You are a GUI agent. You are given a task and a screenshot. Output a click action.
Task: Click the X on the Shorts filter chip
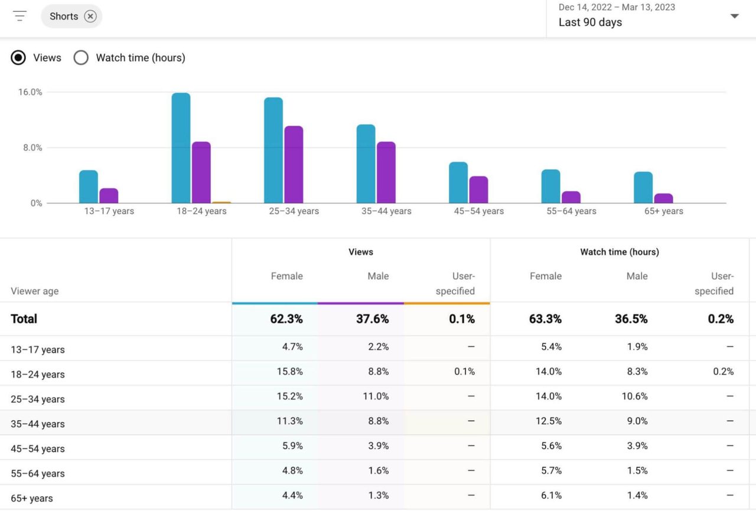90,17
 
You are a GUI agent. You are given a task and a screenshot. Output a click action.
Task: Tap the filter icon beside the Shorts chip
19,17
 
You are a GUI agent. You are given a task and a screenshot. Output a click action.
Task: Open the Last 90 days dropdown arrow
734,16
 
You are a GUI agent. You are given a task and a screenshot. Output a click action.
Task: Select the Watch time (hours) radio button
81,58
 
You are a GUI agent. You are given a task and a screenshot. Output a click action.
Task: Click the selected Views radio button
18,58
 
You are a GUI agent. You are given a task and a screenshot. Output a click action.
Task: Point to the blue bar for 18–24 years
181,148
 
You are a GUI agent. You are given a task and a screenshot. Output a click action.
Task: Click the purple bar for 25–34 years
294,165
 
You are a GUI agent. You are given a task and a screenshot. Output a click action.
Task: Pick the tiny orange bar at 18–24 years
221,202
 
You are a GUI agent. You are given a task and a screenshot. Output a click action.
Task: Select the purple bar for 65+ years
663,198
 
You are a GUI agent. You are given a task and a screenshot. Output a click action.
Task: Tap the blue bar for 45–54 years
458,182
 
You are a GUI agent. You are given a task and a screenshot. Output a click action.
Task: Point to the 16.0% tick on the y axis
30,92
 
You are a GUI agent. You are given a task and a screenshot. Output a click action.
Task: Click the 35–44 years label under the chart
386,211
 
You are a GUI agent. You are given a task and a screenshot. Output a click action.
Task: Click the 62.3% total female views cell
286,319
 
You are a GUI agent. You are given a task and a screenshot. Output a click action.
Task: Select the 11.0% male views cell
376,397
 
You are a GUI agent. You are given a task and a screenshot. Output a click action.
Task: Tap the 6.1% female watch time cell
551,496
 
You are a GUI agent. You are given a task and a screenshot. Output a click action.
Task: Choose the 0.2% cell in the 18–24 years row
723,372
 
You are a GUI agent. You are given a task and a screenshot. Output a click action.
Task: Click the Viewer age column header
34,291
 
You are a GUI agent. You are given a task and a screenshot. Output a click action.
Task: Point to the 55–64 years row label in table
37,473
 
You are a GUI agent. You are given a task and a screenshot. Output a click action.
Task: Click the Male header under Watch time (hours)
637,276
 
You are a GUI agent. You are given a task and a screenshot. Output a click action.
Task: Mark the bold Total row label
24,319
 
